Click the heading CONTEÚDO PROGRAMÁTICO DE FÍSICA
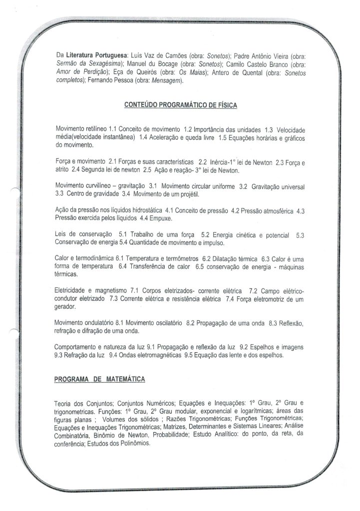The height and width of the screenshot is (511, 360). point(180,105)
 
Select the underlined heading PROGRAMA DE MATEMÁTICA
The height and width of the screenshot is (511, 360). point(99,379)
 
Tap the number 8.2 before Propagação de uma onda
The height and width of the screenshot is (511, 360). point(190,323)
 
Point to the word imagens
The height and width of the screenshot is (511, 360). point(291,347)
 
